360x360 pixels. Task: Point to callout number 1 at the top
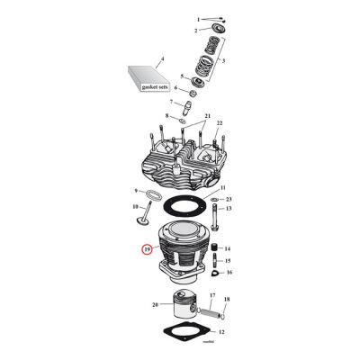point(198,18)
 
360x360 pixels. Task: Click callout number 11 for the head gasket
point(223,187)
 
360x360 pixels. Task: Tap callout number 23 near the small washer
point(229,198)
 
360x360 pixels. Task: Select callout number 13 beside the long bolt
point(228,208)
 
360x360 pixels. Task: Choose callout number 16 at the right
point(228,271)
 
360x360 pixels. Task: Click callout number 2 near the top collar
point(194,31)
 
